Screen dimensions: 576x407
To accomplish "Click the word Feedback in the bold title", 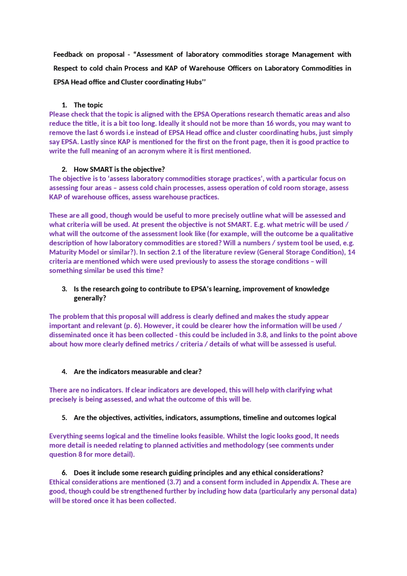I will [x=68, y=54].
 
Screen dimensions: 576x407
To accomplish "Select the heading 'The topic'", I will [x=88, y=105].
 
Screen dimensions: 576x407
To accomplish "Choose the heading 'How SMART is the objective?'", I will [x=119, y=169].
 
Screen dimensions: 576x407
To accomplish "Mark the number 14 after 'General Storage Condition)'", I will [x=351, y=252].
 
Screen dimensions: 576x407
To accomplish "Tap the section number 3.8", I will [x=261, y=335].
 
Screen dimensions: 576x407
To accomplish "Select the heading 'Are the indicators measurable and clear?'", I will [x=137, y=372].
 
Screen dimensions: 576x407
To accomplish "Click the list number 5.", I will [x=64, y=418].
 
